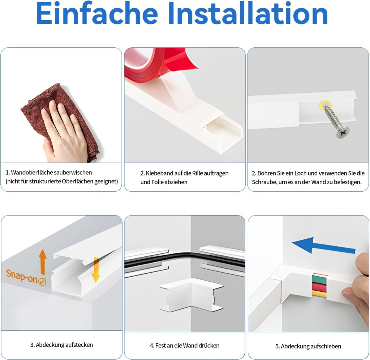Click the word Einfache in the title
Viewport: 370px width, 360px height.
click(97, 14)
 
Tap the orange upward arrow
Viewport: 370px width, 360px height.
click(43, 261)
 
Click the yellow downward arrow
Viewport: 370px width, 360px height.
click(96, 270)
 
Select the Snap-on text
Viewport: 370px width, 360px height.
click(22, 276)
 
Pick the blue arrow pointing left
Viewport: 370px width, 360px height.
click(323, 246)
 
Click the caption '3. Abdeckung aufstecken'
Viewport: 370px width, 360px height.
click(61, 345)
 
